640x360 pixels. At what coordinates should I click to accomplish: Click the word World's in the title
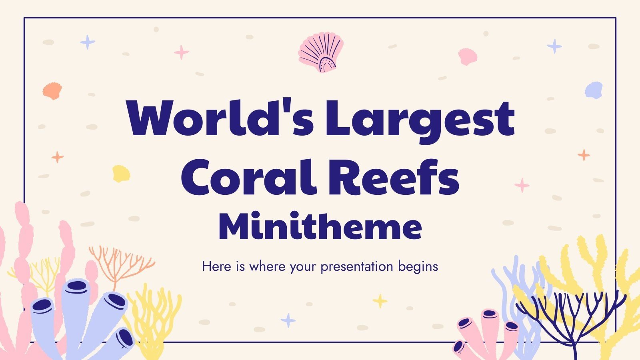[220, 118]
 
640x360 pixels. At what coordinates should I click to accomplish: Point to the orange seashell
[52, 91]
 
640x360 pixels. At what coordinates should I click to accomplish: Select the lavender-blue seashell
[594, 90]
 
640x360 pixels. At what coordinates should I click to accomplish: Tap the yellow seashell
[121, 173]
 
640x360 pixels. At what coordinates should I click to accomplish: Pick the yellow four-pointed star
[380, 300]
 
